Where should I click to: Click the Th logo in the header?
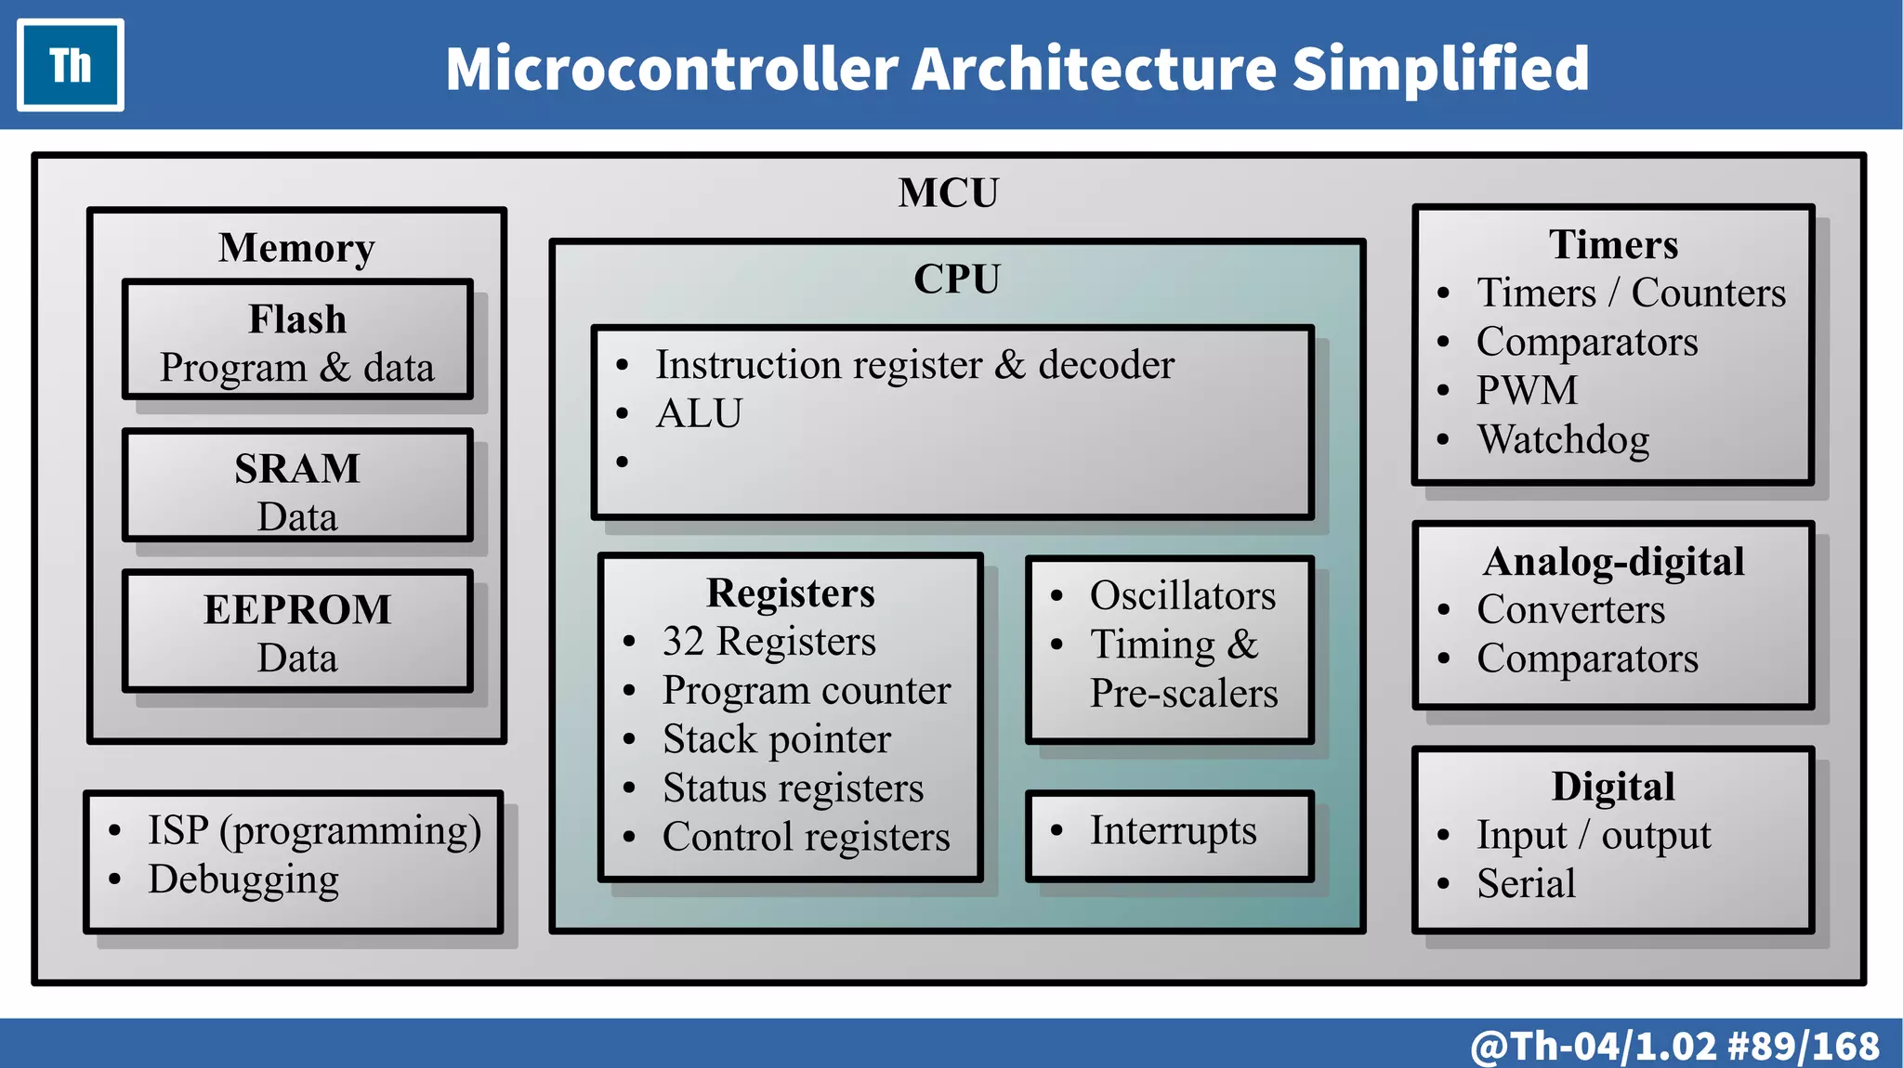pos(71,65)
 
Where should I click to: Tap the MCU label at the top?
pos(948,193)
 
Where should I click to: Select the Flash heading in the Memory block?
pos(297,319)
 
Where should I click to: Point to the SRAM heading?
pos(297,468)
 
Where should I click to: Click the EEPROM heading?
pos(297,609)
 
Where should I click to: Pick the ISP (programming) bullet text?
pos(314,830)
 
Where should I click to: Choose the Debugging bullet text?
pos(243,879)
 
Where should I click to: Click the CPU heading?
pos(957,279)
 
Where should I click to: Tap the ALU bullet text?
pos(699,413)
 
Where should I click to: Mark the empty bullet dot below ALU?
pos(623,462)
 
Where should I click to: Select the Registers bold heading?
pos(791,593)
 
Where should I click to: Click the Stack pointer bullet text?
pos(777,739)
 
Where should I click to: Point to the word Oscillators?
pos(1183,595)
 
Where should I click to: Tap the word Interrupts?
pos(1173,830)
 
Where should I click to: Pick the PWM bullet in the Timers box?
pos(1527,390)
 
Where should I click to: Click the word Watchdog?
pos(1563,439)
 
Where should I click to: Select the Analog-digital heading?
pos(1614,561)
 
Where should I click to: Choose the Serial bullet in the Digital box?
pos(1526,883)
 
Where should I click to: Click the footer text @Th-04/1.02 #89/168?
pos(1674,1046)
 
